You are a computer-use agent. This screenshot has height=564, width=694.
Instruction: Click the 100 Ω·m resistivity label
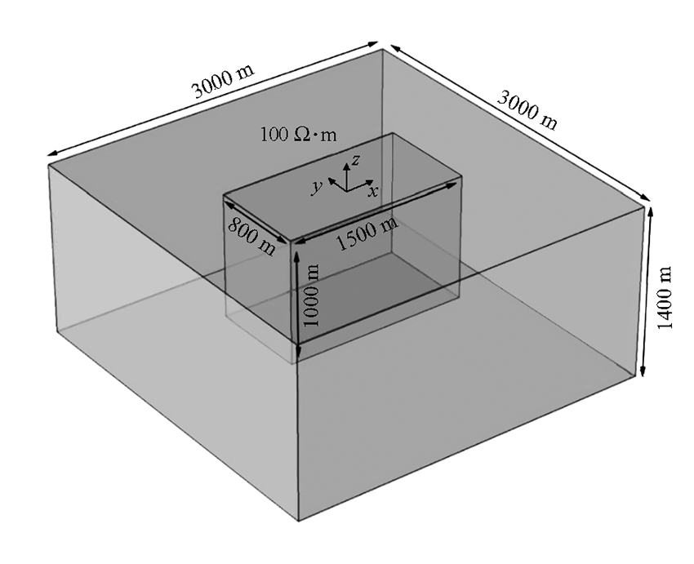tap(298, 134)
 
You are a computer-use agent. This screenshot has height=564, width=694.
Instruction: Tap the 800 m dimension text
tap(251, 237)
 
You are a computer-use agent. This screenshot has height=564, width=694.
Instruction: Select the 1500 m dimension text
tap(367, 233)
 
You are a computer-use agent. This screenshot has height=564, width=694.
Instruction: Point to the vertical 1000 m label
tap(312, 295)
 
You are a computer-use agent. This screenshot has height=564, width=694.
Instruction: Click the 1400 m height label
tap(665, 297)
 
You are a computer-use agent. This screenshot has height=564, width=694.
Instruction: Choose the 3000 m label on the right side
tap(527, 110)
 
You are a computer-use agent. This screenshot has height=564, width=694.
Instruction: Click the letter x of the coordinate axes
tap(374, 191)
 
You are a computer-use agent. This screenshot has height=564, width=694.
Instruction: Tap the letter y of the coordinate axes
tap(316, 187)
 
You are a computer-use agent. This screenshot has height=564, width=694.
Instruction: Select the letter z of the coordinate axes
tap(356, 159)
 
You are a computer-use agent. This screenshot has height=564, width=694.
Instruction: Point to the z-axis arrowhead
tap(346, 167)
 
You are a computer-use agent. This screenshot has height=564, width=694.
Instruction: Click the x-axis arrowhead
tap(369, 182)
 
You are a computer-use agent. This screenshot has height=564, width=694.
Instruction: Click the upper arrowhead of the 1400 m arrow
tap(650, 212)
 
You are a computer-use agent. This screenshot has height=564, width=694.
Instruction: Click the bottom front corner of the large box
tap(299, 521)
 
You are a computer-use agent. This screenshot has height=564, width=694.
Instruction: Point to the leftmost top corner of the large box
tap(48, 165)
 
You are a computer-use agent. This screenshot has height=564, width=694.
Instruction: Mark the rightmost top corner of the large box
tap(645, 205)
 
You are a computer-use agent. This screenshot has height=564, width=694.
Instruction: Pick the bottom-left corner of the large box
tap(56, 331)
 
